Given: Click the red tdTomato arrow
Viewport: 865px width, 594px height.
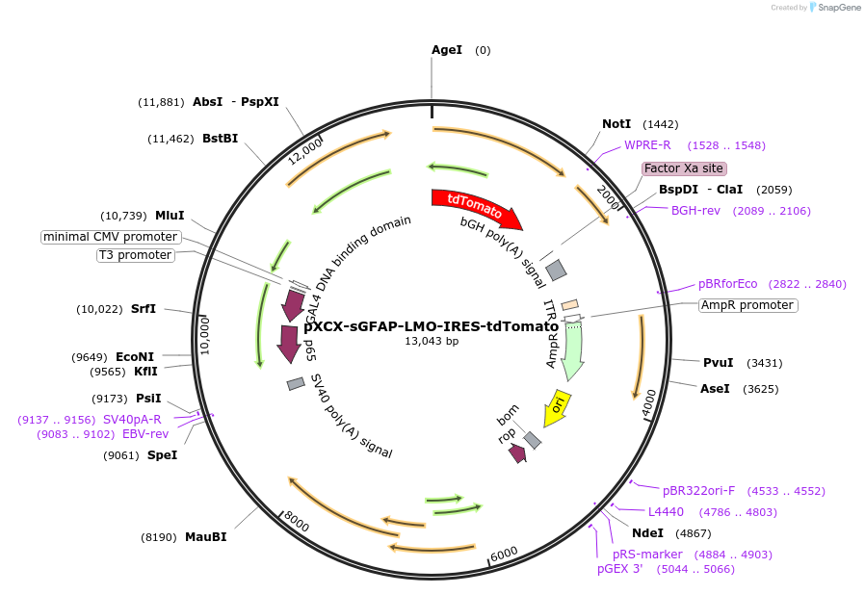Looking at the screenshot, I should [476, 206].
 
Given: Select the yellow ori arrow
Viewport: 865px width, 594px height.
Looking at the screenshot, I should [558, 406].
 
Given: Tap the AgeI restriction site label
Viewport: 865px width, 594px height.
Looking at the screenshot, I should [447, 50].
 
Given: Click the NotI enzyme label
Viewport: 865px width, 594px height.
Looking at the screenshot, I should [616, 124].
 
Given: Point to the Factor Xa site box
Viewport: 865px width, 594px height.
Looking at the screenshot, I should [684, 168].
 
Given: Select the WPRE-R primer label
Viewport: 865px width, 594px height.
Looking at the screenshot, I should [647, 145].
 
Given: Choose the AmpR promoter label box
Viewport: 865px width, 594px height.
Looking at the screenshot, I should [748, 305].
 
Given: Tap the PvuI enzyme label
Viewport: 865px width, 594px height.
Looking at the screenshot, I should [718, 363].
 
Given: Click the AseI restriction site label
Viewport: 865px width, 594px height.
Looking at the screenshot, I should [714, 389].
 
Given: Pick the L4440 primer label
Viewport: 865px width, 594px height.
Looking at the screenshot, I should [666, 512].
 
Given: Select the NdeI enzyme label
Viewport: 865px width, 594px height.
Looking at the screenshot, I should [647, 533].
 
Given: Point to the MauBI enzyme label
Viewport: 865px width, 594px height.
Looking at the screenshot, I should [205, 537].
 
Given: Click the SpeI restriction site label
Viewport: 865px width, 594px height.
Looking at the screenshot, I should [162, 455].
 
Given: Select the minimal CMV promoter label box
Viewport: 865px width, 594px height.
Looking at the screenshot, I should [111, 237].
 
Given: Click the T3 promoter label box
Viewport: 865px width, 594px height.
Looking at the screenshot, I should [135, 255].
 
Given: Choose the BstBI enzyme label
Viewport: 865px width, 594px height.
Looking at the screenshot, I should [220, 139].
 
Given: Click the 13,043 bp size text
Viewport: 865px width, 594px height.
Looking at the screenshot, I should [432, 341].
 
